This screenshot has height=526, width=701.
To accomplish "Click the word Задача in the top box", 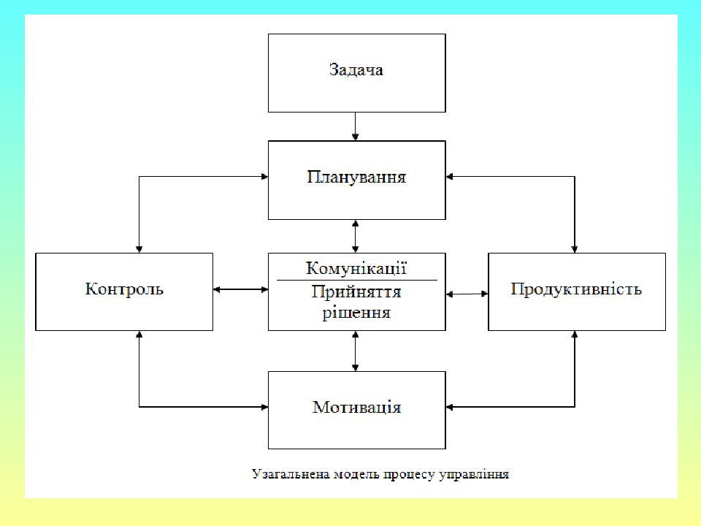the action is pos(356,70).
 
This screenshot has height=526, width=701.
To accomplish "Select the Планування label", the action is pos(356,177).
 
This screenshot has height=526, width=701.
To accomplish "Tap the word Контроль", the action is pos(124,289).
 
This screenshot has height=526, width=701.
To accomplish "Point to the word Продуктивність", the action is pos(576,289).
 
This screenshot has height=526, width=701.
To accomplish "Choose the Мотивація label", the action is pos(356,407).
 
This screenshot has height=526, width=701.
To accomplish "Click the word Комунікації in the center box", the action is pos(356,268).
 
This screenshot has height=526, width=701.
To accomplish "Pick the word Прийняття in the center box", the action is pos(356,292).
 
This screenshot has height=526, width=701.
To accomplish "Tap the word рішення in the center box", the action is pos(356,312).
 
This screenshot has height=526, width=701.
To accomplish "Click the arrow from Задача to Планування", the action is pos(356,126).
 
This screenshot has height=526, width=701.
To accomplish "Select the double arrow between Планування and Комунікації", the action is pos(356,236).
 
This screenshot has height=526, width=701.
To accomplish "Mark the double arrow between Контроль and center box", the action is pos(240,289).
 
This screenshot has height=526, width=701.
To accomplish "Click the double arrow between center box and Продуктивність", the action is pos(467,294).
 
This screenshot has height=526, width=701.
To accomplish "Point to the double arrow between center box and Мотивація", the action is pos(356,351).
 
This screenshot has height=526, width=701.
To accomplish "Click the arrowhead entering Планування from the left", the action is pos(264,177).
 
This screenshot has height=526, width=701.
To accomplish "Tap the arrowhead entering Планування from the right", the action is pos(450,177).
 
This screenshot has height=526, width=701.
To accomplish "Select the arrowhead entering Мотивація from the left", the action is pos(264,407).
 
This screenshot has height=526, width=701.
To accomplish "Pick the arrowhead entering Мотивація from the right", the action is pos(450,407).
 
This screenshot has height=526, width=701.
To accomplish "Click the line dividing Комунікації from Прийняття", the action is pos(357,280).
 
